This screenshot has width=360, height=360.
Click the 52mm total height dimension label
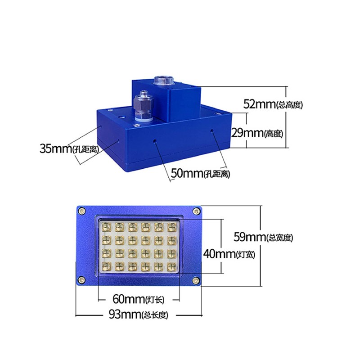click(x=273, y=104)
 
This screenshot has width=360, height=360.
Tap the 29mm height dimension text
click(x=257, y=133)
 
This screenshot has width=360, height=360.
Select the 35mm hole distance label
click(x=69, y=148)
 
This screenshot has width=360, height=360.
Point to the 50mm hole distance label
click(x=200, y=173)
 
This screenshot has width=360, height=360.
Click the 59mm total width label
click(x=263, y=237)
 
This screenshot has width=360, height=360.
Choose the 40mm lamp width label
click(x=229, y=254)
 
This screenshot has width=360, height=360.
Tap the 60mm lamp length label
click(x=139, y=299)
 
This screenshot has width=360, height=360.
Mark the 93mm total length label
click(x=139, y=314)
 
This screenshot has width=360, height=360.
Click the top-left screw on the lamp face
click(x=81, y=211)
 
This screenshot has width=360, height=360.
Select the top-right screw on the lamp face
click(x=196, y=211)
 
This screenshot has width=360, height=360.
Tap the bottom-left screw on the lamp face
click(x=81, y=279)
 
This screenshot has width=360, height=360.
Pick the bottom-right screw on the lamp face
click(x=196, y=280)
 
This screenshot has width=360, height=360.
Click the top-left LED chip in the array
click(x=106, y=227)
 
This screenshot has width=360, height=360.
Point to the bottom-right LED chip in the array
click(x=172, y=266)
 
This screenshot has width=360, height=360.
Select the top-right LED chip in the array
click(x=172, y=227)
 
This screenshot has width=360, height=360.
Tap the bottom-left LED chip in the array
click(x=106, y=266)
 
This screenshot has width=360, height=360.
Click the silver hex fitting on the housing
click(x=143, y=106)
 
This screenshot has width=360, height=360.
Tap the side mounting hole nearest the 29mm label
click(x=212, y=131)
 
